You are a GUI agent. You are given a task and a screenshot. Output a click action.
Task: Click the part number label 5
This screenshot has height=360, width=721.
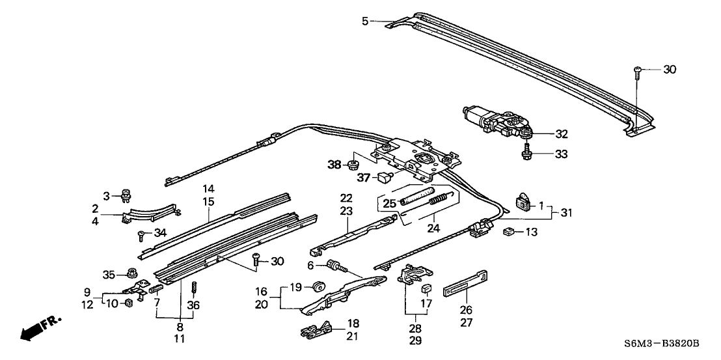point(365,21)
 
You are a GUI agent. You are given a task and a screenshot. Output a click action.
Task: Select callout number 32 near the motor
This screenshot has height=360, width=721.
point(561,135)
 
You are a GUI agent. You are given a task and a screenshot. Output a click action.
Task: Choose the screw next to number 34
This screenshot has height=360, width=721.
point(141,234)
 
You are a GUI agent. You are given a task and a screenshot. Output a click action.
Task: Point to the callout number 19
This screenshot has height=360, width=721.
point(295,287)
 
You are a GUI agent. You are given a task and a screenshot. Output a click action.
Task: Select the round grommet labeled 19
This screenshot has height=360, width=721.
point(318,286)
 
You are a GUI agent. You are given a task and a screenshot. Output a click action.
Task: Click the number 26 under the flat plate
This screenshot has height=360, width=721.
point(466,310)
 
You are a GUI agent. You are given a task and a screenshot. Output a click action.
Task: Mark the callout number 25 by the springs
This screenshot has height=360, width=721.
point(388,203)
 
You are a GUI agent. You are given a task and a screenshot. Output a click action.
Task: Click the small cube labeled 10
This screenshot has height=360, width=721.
point(128,303)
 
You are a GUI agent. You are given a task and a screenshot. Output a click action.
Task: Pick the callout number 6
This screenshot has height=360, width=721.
point(310,266)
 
